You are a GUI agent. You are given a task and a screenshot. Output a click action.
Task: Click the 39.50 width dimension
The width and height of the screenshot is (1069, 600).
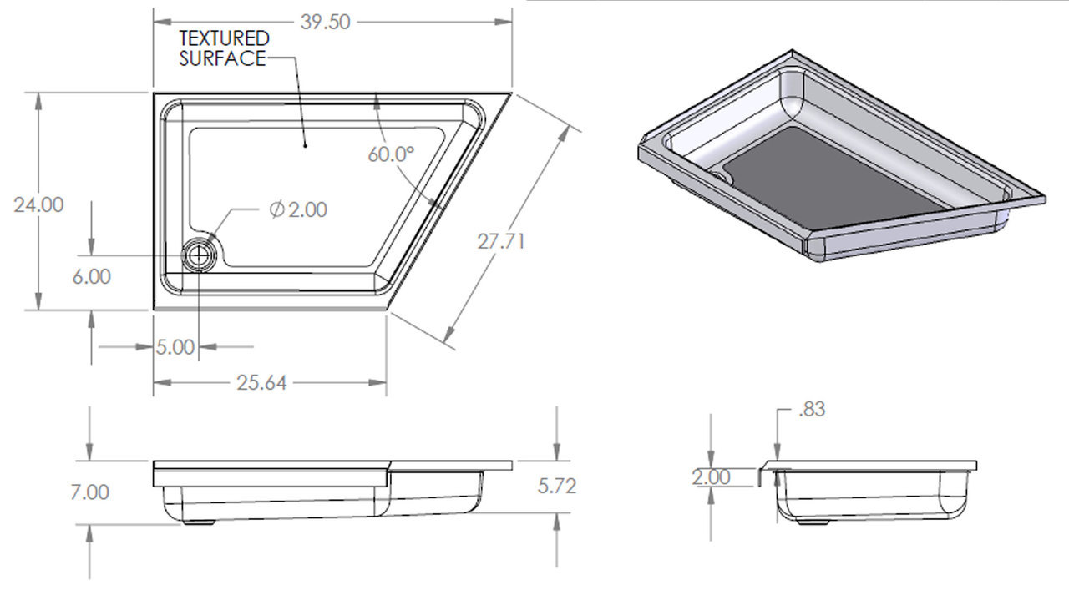pyautogui.click(x=325, y=23)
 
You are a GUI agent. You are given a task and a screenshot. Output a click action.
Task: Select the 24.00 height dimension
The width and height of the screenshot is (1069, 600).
pyautogui.click(x=38, y=204)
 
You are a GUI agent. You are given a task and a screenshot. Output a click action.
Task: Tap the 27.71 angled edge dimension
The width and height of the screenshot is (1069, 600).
pyautogui.click(x=501, y=242)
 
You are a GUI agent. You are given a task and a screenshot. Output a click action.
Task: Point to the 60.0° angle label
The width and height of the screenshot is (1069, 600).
pyautogui.click(x=391, y=154)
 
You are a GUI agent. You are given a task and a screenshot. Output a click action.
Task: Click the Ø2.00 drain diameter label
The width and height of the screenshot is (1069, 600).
pyautogui.click(x=298, y=209)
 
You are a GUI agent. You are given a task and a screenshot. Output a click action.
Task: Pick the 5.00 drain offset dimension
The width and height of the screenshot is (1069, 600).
pyautogui.click(x=175, y=347)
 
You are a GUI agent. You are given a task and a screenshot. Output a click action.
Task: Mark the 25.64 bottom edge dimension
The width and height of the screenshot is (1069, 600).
pyautogui.click(x=261, y=383)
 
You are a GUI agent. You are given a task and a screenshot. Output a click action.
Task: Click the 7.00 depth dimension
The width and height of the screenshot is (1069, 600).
pyautogui.click(x=90, y=492)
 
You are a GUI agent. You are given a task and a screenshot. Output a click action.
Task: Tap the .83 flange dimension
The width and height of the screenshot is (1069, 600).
pyautogui.click(x=812, y=410)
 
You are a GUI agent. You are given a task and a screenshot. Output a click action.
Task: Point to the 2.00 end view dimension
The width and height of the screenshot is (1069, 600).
pyautogui.click(x=711, y=477)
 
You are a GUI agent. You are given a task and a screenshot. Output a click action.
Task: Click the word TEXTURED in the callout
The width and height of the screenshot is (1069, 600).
pyautogui.click(x=225, y=38)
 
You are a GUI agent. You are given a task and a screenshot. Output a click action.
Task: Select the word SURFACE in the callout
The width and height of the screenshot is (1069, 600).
pyautogui.click(x=221, y=58)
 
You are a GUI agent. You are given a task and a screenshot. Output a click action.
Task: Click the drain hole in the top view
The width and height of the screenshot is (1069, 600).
pyautogui.click(x=200, y=255)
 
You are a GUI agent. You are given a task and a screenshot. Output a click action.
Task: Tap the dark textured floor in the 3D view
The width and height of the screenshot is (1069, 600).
pyautogui.click(x=835, y=179)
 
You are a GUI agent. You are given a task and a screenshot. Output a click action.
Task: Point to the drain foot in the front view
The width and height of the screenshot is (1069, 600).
pyautogui.click(x=199, y=522)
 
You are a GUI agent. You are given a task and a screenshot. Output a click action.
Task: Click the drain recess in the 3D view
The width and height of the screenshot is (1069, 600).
pyautogui.click(x=723, y=177)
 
